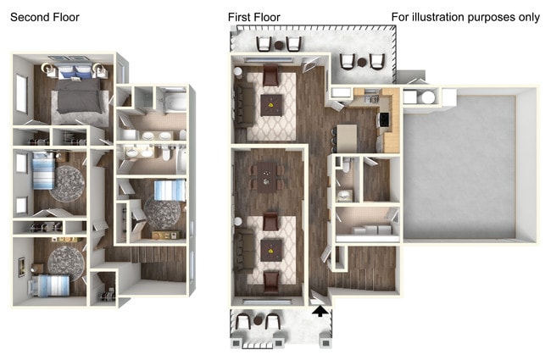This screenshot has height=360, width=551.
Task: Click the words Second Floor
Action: (45, 17)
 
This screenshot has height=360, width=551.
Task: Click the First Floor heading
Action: (254, 17)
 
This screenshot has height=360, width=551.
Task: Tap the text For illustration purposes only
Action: (465, 17)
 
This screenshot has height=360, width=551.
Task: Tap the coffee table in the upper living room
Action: (271, 107)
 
